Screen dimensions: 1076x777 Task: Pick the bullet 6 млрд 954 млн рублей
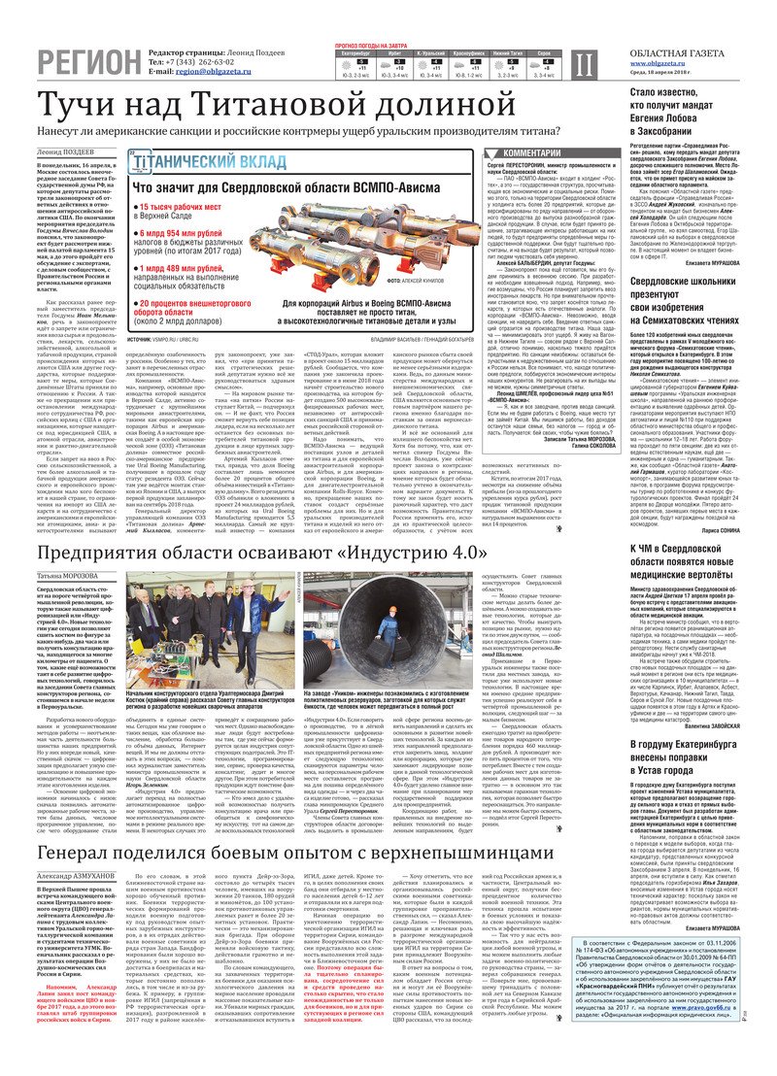point(190,233)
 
